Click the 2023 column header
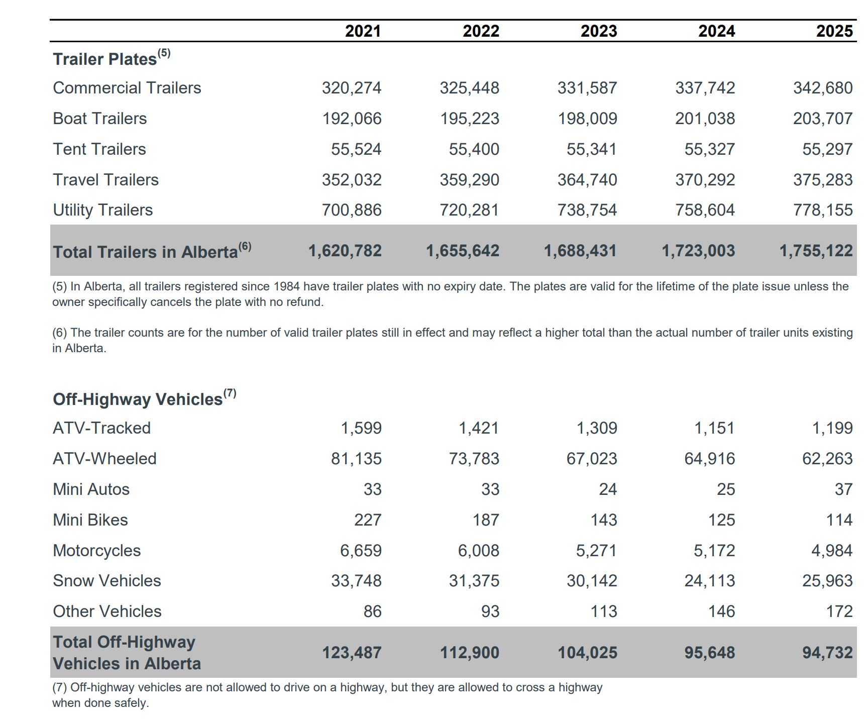[598, 31]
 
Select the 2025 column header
[834, 31]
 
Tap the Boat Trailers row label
[100, 119]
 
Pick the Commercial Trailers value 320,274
[352, 88]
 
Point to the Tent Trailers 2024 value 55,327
[709, 149]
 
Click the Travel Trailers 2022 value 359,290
[469, 180]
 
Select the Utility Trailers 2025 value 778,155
[822, 210]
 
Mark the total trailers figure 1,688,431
[580, 251]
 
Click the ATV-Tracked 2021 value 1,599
[361, 428]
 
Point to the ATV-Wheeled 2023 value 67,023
[591, 459]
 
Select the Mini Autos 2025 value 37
[843, 489]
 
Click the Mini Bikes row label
[90, 520]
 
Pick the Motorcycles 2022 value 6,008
[478, 551]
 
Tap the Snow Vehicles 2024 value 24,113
[709, 581]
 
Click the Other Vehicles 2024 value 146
[721, 611]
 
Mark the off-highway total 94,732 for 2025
[827, 653]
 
